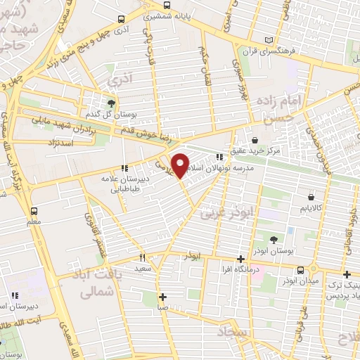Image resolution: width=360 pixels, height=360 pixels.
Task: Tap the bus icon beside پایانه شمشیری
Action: [x=124, y=20]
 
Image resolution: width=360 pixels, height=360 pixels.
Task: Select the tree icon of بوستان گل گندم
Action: [x=110, y=103]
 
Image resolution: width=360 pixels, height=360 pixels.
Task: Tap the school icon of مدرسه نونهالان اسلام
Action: [x=220, y=157]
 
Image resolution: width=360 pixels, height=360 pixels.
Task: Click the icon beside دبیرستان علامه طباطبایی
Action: [x=125, y=168]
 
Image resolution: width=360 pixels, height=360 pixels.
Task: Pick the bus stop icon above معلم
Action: [x=33, y=210]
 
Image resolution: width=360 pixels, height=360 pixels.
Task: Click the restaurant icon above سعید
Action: [x=142, y=257]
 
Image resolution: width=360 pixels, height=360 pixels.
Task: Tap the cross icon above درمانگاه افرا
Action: [x=240, y=258]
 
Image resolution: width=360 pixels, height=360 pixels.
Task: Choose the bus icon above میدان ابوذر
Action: [x=300, y=269]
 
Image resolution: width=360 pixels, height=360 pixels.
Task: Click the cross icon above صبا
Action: [x=162, y=296]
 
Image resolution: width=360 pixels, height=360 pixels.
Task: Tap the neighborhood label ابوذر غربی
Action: [x=226, y=209]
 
